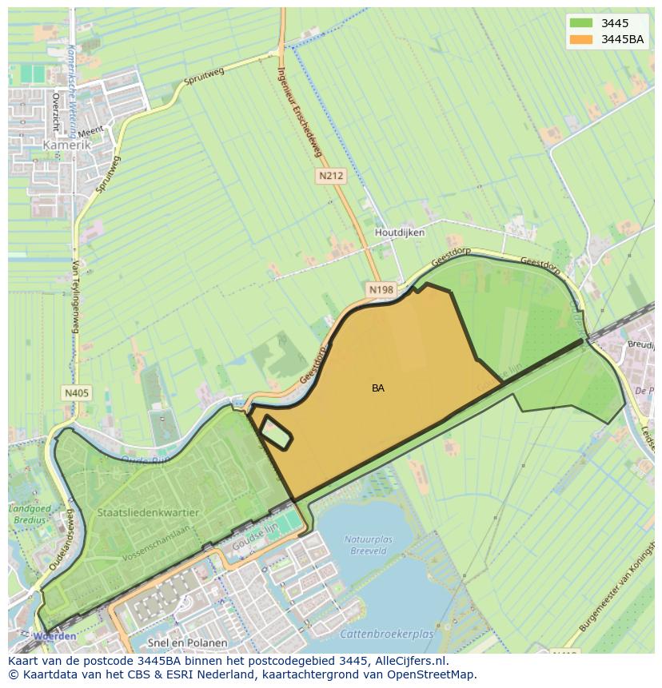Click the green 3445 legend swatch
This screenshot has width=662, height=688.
(x=582, y=23)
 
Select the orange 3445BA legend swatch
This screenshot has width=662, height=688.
(x=582, y=39)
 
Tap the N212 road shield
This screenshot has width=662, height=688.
(x=330, y=175)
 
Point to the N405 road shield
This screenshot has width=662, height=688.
(x=76, y=392)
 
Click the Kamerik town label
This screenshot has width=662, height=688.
(x=68, y=146)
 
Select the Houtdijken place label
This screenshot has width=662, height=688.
(x=400, y=233)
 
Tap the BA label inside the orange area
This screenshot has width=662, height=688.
(x=378, y=388)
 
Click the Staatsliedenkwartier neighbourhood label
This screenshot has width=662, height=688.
(x=149, y=512)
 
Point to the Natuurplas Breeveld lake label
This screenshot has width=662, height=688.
(x=369, y=545)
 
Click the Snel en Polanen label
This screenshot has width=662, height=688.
(x=188, y=642)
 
